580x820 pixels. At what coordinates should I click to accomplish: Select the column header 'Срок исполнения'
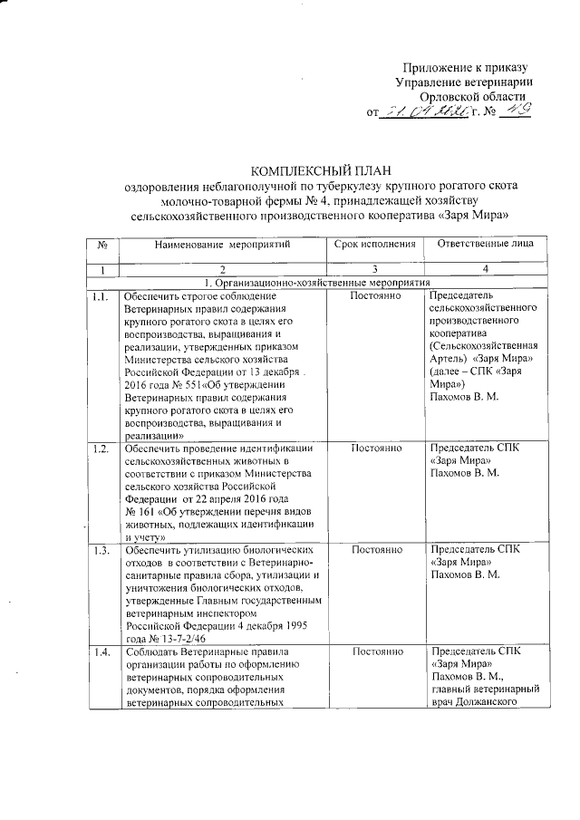374,245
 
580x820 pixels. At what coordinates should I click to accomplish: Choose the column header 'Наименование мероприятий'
221,245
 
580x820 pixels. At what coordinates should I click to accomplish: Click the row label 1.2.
101,449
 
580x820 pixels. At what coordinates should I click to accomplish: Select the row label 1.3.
101,549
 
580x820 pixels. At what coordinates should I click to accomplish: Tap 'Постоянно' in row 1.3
374,549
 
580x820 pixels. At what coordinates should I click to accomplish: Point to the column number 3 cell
374,269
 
